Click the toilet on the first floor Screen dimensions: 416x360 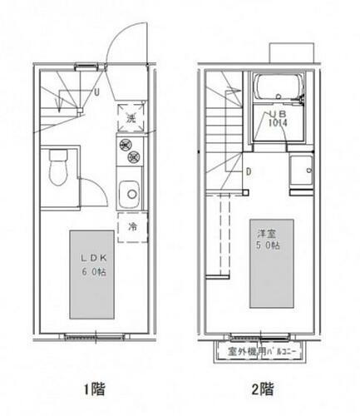(57, 169)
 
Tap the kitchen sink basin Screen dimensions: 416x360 (130, 195)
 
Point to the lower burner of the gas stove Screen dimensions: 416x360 (130, 158)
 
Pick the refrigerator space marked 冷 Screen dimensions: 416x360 (131, 226)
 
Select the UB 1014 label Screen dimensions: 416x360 (277, 118)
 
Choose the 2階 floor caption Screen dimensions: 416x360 (264, 389)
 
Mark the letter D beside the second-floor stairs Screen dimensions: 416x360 (248, 172)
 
